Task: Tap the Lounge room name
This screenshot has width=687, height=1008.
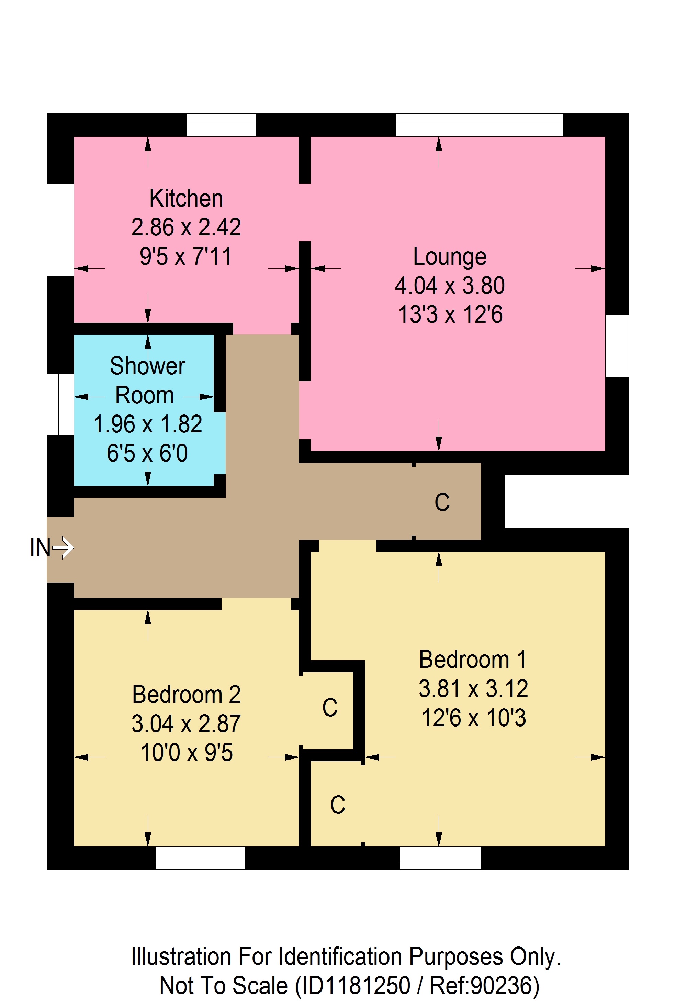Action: [x=450, y=256]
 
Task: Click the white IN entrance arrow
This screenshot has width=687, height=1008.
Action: [x=63, y=547]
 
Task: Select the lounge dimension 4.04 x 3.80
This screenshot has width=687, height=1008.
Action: [x=450, y=285]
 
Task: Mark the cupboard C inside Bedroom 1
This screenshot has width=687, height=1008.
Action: [x=338, y=805]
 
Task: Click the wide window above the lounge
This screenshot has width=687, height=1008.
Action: [x=479, y=125]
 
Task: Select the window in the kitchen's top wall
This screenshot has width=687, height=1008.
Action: [x=221, y=125]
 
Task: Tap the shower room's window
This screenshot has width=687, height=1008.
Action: [x=60, y=404]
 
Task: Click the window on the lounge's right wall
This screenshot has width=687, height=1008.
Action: [x=617, y=346]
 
